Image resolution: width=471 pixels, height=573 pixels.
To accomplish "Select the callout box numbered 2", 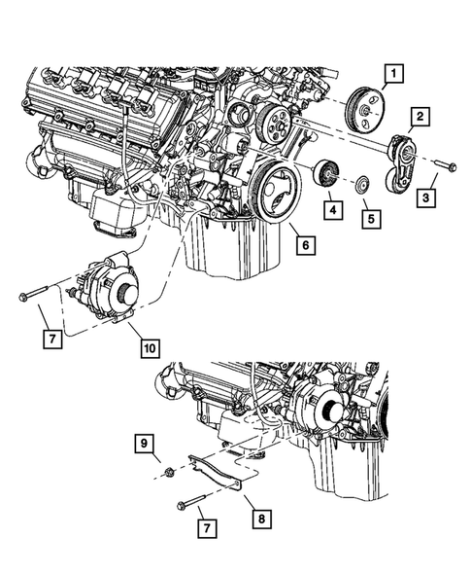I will pos(419,119).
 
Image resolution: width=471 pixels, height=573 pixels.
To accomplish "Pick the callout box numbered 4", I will pos(332,208).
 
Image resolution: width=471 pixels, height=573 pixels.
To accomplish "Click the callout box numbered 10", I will pos(149,345).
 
